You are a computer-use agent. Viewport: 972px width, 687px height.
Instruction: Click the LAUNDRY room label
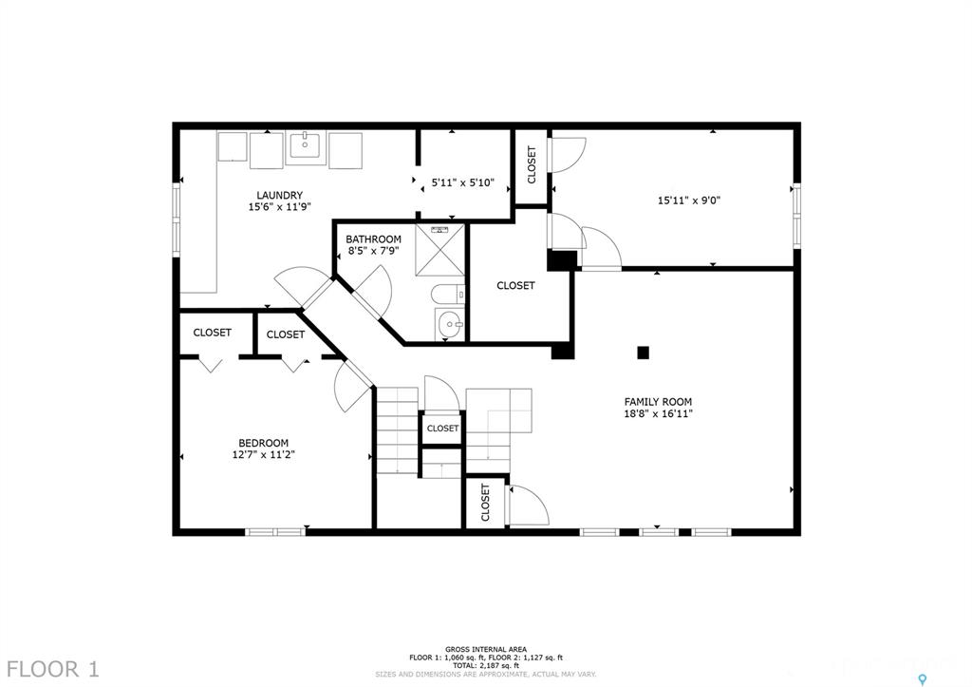coord(280,196)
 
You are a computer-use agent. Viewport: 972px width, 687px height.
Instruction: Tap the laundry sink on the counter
coord(308,147)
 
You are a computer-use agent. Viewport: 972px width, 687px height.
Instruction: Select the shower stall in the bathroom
coord(439,250)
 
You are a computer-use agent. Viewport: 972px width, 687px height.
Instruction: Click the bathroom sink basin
coord(449,323)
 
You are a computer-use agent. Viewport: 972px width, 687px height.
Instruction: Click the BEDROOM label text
coord(264,443)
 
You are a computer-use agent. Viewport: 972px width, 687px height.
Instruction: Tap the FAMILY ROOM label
coord(658,402)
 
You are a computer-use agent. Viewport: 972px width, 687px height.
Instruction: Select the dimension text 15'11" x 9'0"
coord(689,200)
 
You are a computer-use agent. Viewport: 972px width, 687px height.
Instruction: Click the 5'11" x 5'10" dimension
coord(462,183)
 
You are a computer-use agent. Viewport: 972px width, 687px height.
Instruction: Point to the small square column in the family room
coord(643,353)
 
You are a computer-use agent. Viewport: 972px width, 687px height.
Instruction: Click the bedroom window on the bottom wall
coord(275,532)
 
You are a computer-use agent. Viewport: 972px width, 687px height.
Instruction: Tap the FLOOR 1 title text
coord(53,669)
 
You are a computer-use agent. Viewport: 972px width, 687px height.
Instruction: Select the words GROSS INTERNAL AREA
coord(485,649)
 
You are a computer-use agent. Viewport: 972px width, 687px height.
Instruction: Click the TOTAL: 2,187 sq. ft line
coord(485,665)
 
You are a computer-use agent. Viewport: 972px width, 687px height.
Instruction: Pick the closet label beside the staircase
coord(442,429)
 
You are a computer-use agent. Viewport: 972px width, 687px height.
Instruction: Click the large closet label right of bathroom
coord(515,285)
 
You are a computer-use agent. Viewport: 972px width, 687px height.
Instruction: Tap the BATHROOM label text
coord(373,239)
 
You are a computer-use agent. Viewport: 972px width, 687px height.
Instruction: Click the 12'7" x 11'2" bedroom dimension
coord(264,455)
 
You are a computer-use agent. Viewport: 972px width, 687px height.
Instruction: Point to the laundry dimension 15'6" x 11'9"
coord(280,207)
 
